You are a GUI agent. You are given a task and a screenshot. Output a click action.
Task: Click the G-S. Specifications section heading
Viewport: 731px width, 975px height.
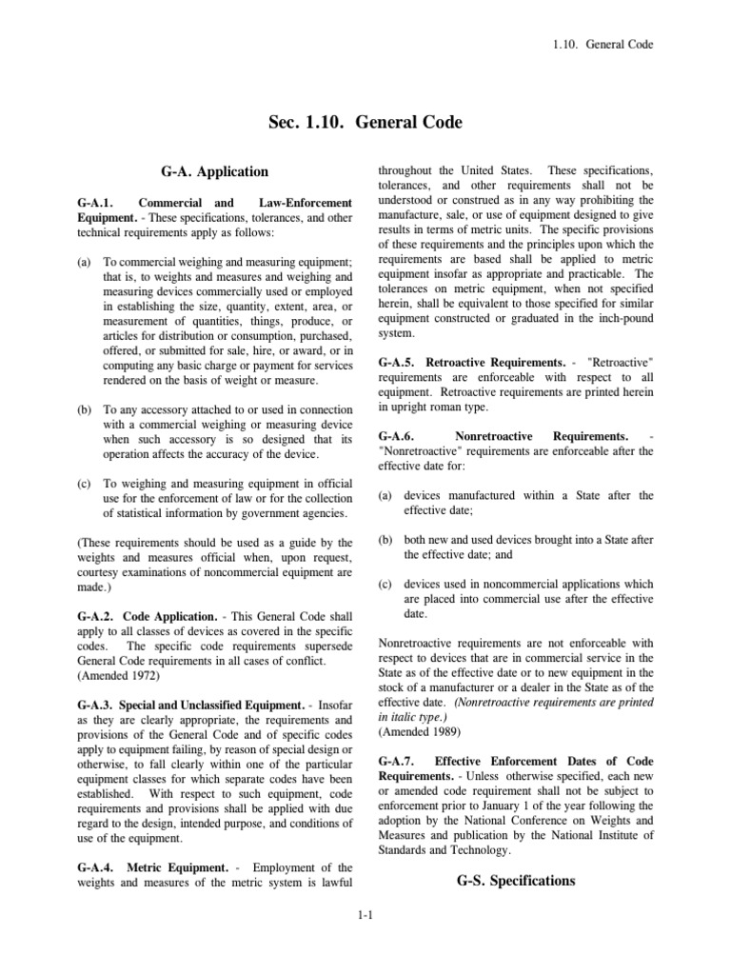pyautogui.click(x=516, y=881)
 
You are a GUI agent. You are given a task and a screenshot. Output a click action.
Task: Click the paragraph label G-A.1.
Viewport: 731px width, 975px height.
pyautogui.click(x=98, y=203)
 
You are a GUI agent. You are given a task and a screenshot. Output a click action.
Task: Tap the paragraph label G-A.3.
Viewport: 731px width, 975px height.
pyautogui.click(x=98, y=706)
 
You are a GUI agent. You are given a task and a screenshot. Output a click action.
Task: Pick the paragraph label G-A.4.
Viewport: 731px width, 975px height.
pyautogui.click(x=98, y=867)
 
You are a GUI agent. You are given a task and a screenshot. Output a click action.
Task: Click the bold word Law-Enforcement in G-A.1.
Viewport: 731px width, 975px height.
pyautogui.click(x=305, y=203)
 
